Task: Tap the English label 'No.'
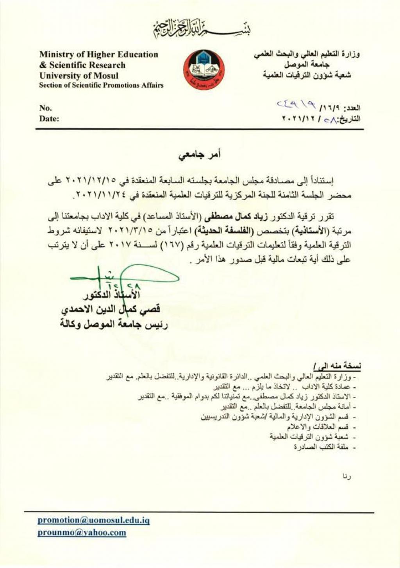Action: point(45,108)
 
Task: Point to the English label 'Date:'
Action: point(49,119)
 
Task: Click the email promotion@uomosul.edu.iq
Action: point(94,520)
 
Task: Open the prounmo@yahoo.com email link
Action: point(82,532)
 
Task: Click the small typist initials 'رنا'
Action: point(346,476)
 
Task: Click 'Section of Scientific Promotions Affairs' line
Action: point(101,85)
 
